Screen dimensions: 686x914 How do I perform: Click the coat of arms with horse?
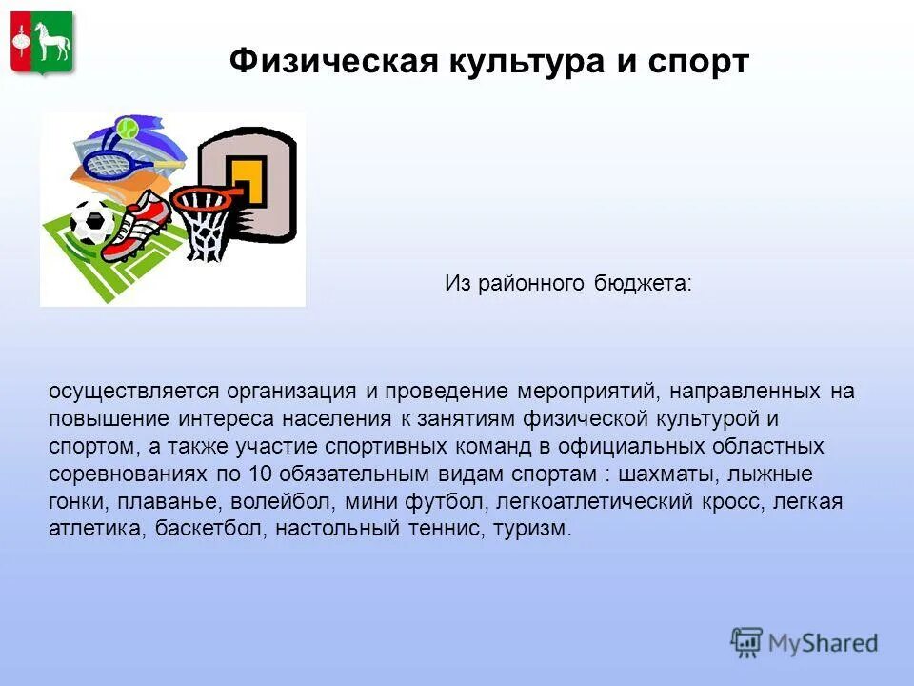[43, 43]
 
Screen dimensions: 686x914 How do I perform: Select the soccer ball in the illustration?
[92, 222]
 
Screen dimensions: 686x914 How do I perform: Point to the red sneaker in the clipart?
[136, 225]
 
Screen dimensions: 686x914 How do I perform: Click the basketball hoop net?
[203, 226]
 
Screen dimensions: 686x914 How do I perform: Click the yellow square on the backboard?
[250, 183]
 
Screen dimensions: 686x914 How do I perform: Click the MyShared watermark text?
[824, 643]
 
